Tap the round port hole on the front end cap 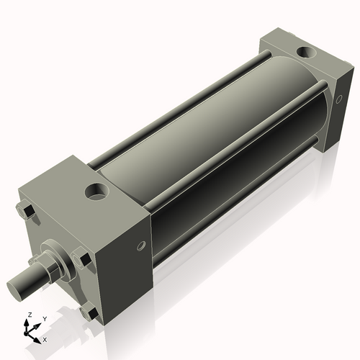point(95,192)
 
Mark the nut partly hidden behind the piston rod point(34,259)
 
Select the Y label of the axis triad point(44,318)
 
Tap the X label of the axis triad point(45,338)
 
